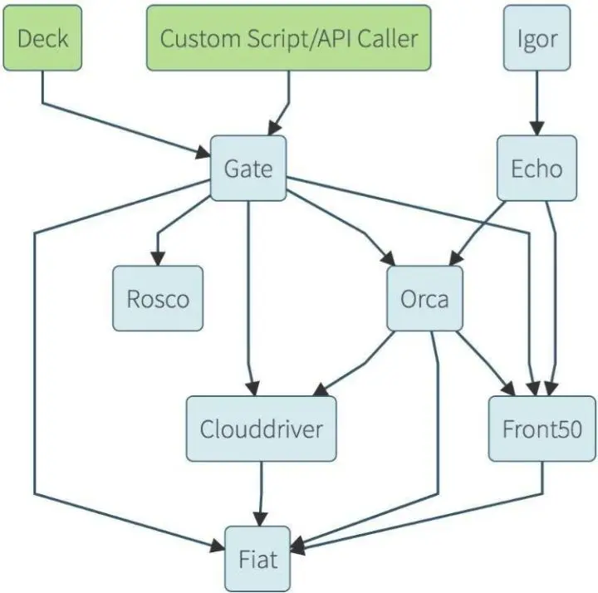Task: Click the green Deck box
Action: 43,37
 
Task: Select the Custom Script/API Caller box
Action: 289,37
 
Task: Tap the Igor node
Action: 537,37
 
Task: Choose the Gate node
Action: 248,168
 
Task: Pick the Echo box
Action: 537,168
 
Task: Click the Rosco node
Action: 158,298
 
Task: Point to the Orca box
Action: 424,298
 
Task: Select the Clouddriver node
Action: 262,429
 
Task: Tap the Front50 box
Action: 542,429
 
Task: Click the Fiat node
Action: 258,558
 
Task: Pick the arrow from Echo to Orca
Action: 473,233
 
